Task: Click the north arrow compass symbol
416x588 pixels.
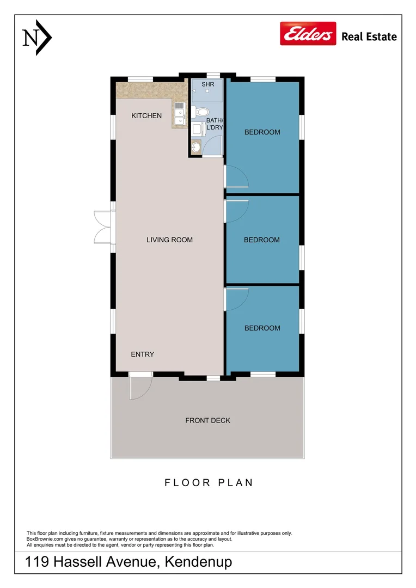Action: point(37,38)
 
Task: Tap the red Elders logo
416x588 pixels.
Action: point(308,33)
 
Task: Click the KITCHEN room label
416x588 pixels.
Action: point(146,115)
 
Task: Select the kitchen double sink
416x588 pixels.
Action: point(180,113)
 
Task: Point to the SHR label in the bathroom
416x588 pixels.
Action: point(208,84)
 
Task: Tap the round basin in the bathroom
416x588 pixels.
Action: point(196,147)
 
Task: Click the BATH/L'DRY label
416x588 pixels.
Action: point(215,124)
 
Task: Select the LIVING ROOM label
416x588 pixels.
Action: point(169,240)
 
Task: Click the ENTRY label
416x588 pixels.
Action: point(143,354)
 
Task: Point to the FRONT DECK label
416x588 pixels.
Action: point(208,420)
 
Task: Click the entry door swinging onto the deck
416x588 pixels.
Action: point(140,386)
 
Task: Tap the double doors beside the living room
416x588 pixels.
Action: point(103,227)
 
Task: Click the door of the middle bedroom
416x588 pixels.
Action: point(236,211)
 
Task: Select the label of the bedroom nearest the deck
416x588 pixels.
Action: point(262,328)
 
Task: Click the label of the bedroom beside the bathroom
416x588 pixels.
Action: point(262,132)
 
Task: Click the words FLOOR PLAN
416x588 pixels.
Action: point(209,482)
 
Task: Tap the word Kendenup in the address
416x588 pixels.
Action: point(198,562)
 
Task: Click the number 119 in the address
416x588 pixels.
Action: point(37,562)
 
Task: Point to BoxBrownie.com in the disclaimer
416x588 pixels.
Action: point(45,539)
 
